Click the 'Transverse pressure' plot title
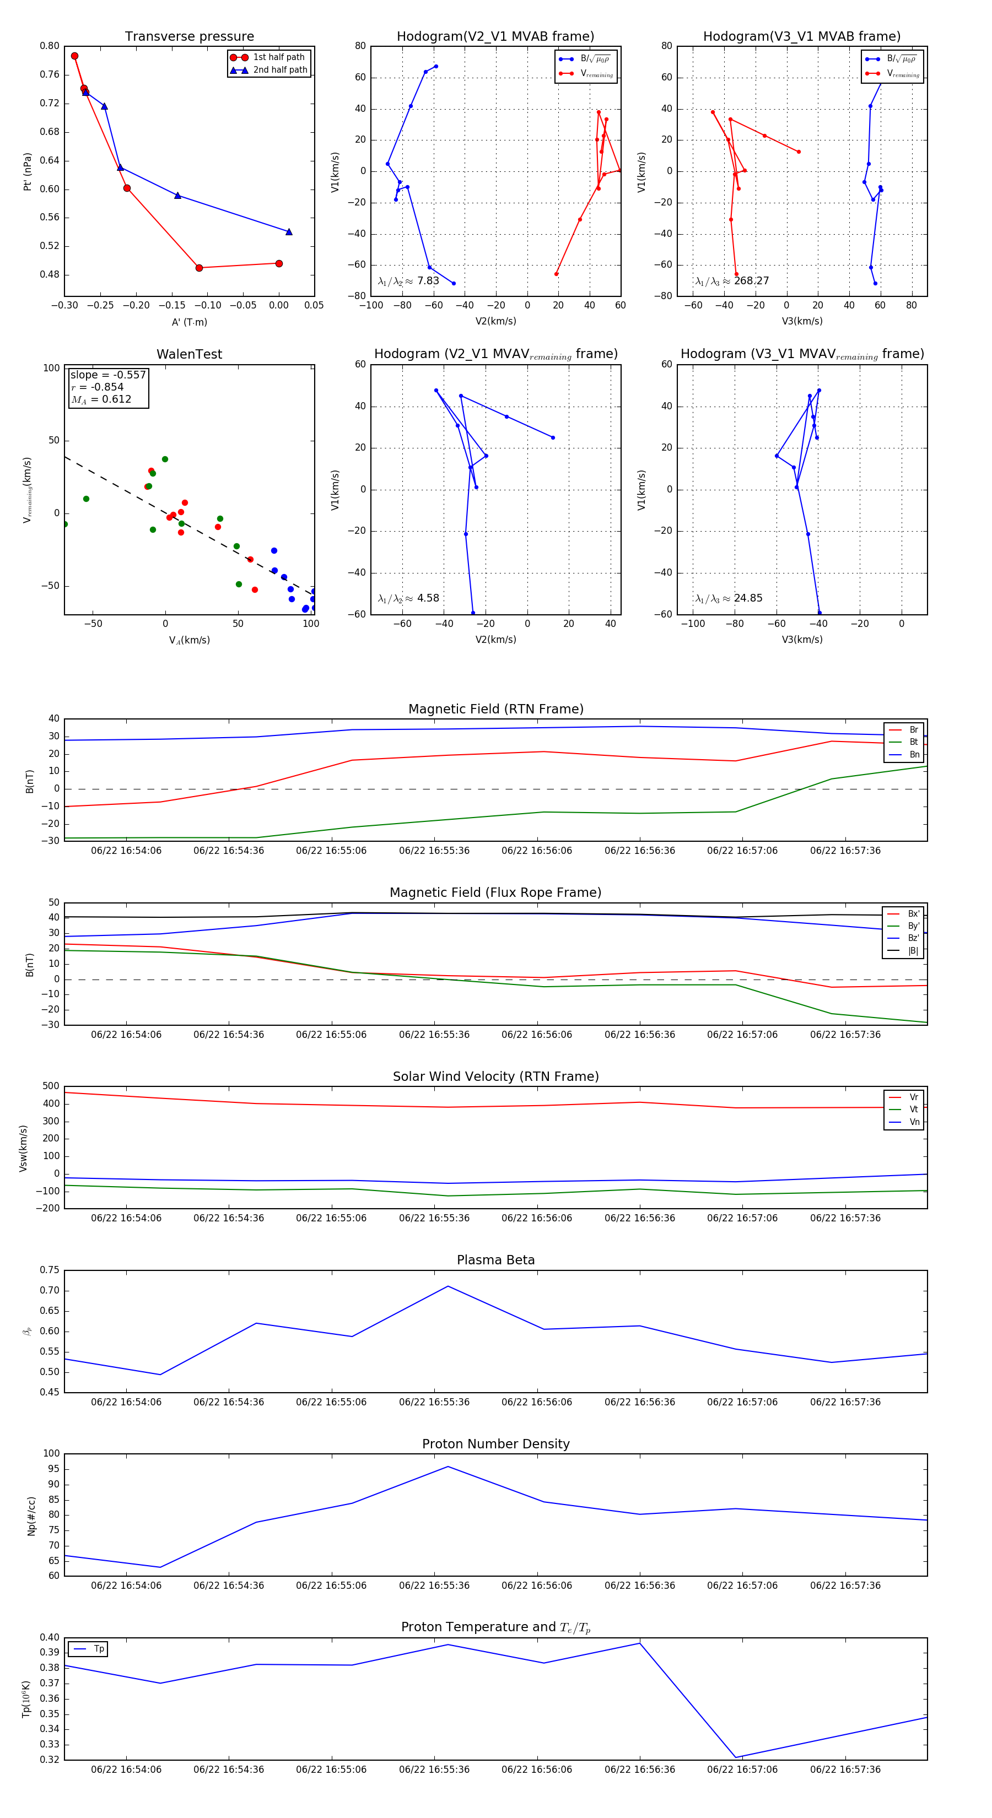click(189, 37)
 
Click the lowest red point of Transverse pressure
click(199, 268)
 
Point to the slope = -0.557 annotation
click(108, 375)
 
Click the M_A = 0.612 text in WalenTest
click(101, 399)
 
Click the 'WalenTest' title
click(189, 354)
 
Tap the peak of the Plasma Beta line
click(448, 1286)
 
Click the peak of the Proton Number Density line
click(448, 1467)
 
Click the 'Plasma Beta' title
click(495, 1260)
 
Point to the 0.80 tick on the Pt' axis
click(50, 46)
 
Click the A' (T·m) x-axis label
click(189, 322)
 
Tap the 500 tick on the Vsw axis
click(51, 1086)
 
